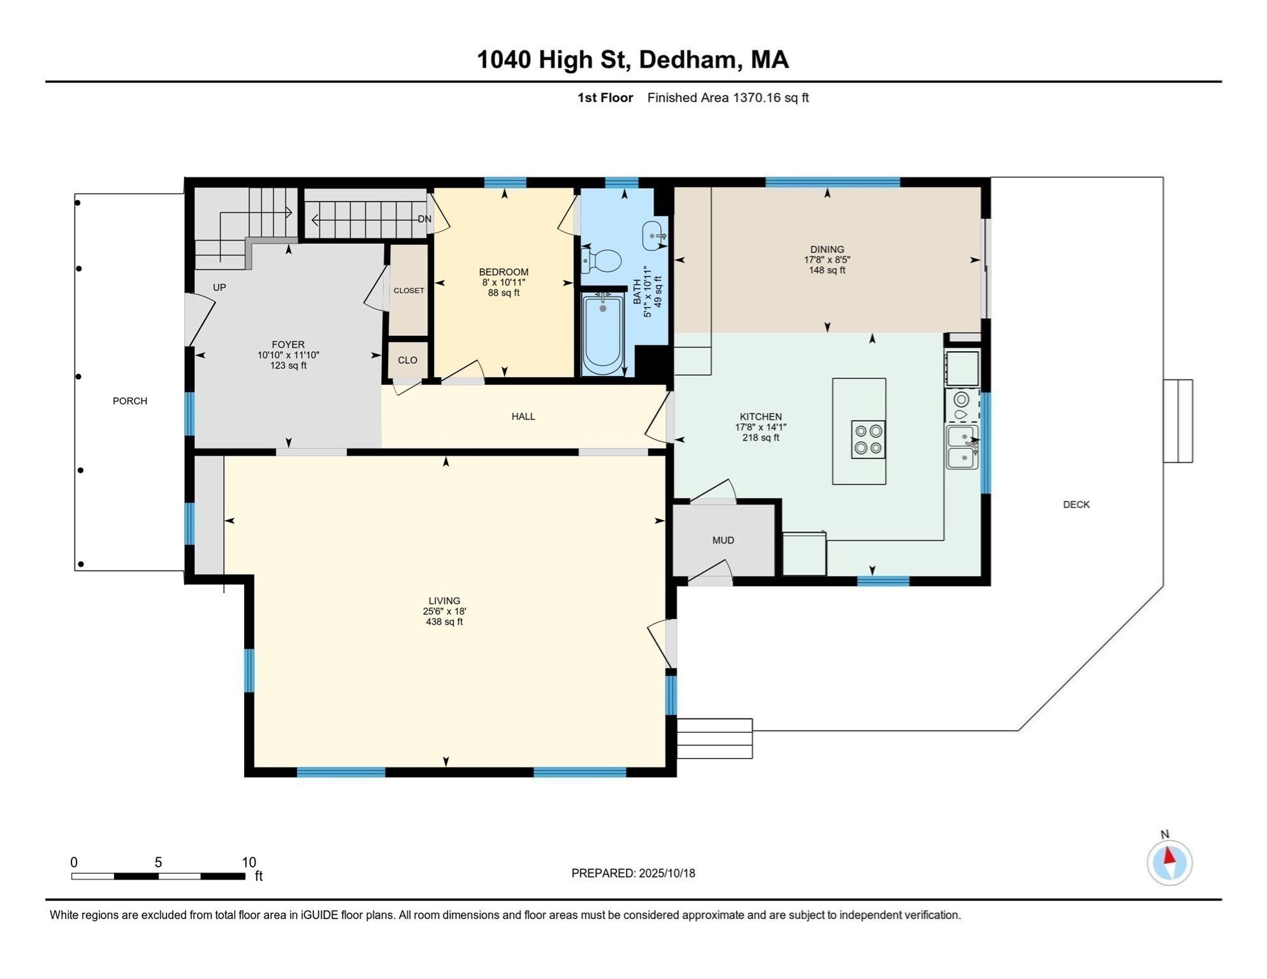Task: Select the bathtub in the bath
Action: [x=603, y=335]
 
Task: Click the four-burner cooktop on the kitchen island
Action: [x=868, y=439]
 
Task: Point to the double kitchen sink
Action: [x=962, y=447]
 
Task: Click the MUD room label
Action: [x=723, y=540]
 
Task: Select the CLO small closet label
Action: [x=408, y=360]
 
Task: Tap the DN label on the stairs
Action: [x=424, y=219]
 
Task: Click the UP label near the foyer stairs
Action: [x=219, y=287]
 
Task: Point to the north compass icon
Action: [x=1169, y=862]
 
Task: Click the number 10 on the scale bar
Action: [x=249, y=862]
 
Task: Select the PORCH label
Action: [x=130, y=401]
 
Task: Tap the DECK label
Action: [x=1076, y=505]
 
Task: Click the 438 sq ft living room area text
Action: [x=444, y=622]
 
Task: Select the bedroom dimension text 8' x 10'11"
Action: [x=503, y=282]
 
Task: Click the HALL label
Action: [x=523, y=417]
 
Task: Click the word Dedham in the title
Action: [x=687, y=60]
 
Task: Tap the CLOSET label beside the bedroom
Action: [x=409, y=291]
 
